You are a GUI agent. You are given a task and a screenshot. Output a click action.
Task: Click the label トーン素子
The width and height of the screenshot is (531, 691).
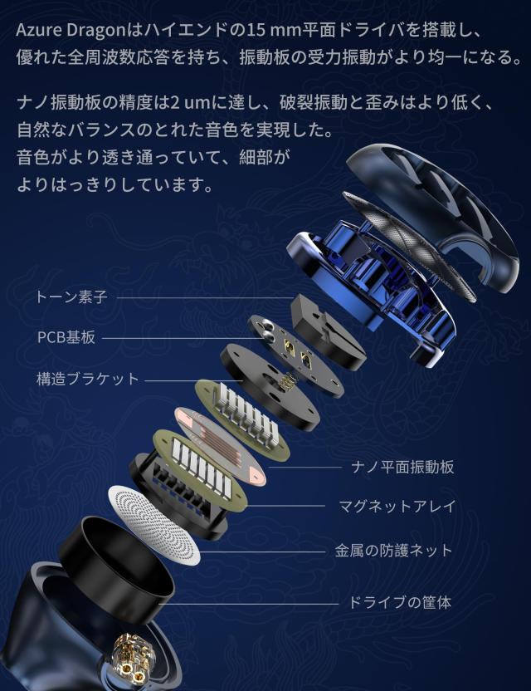coord(71,296)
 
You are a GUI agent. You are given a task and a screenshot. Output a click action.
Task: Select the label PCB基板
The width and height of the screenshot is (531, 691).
coord(66,337)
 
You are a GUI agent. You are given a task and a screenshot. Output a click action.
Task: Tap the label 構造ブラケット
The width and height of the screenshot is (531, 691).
coord(88,379)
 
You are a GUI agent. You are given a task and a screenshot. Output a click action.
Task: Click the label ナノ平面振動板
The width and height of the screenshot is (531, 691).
coord(401,467)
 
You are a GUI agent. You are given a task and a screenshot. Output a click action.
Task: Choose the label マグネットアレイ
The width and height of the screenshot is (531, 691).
coord(397,506)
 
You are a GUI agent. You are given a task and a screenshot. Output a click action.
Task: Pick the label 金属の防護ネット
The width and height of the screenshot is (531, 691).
coord(394,550)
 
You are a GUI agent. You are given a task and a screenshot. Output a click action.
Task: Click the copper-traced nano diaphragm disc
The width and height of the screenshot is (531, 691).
coord(220,445)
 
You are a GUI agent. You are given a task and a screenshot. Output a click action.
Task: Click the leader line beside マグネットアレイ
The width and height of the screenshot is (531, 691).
coord(286,505)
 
